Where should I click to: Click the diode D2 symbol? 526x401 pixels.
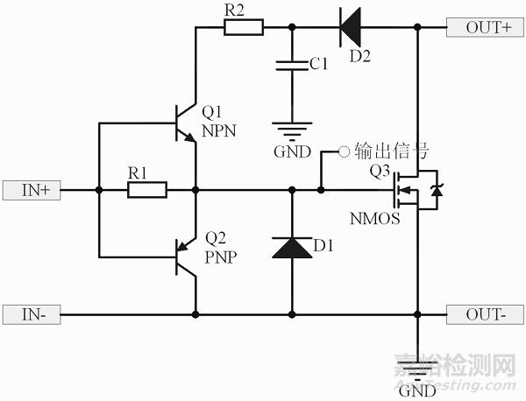(x=351, y=27)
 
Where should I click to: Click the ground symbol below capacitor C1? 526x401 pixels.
(x=290, y=130)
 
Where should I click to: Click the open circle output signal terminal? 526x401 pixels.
(x=345, y=151)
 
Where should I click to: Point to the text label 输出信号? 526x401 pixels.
(x=383, y=151)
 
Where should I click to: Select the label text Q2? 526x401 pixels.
(x=215, y=238)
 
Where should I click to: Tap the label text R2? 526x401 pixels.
(x=235, y=10)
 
